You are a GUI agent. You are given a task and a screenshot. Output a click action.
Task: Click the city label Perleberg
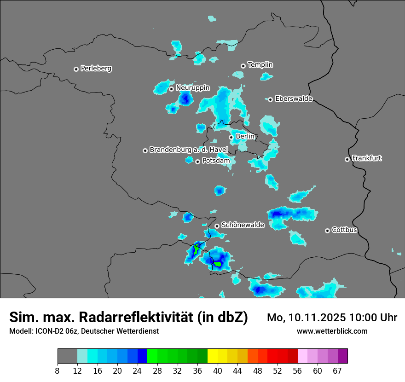tap(96, 69)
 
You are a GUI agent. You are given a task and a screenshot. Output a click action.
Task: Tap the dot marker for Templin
tap(243, 66)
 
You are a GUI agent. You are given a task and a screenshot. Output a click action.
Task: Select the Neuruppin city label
tap(192, 88)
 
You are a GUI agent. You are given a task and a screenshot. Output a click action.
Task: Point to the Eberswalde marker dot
tap(271, 99)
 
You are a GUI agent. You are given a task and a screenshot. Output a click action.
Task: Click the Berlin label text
tap(245, 137)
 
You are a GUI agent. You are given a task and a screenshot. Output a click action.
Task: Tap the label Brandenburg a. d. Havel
tap(189, 150)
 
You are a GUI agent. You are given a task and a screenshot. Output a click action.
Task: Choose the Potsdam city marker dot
tap(197, 162)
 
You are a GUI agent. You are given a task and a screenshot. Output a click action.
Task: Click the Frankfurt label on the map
tap(367, 158)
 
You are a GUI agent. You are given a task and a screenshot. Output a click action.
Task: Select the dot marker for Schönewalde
tap(217, 226)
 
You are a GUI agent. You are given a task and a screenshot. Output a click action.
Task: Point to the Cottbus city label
tap(344, 230)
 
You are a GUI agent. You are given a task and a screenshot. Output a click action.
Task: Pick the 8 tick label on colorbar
tap(58, 371)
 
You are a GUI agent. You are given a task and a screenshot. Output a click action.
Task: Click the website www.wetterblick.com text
tap(332, 331)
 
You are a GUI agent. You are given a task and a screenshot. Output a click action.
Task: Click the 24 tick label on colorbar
tap(137, 371)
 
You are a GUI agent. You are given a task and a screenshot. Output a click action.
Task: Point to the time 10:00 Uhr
tap(373, 318)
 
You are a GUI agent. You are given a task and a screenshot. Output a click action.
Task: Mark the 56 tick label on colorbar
tap(298, 371)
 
